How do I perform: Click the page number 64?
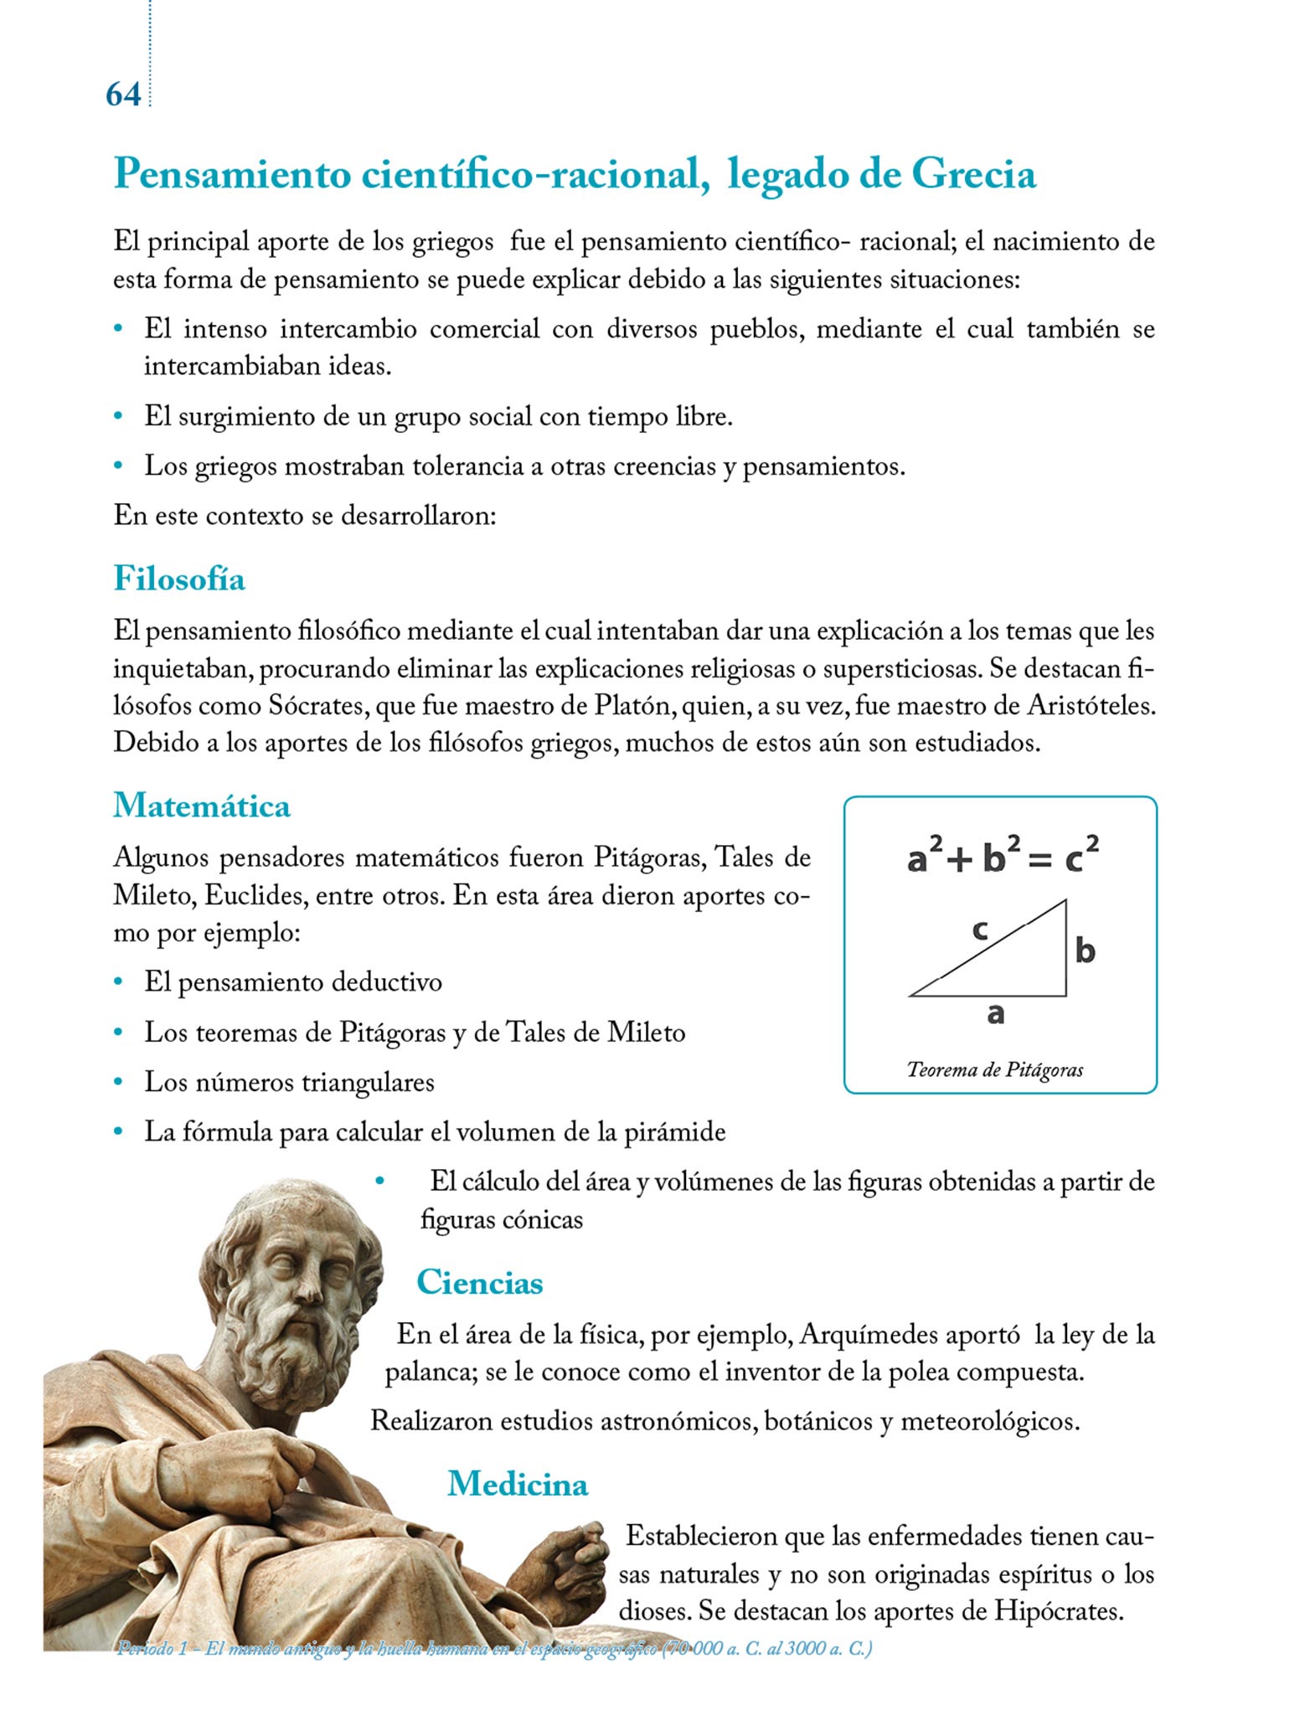123,94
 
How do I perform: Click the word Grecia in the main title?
973,174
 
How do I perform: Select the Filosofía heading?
179,579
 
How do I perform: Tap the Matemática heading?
202,806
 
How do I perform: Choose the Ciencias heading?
479,1282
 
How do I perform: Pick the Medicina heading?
518,1483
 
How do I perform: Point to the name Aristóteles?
1091,706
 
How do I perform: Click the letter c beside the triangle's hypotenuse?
980,930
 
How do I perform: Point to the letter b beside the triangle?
1086,950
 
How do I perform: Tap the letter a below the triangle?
995,1014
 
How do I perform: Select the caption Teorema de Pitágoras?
995,1069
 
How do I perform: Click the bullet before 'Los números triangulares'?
120,1082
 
